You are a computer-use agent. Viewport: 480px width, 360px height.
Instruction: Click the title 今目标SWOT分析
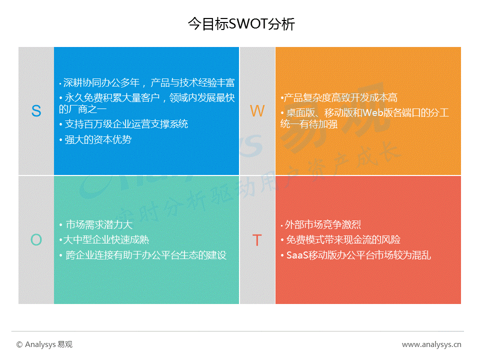pyautogui.click(x=241, y=24)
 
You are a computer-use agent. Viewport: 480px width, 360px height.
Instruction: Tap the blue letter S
pyautogui.click(x=36, y=111)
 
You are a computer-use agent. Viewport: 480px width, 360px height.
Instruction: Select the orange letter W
pyautogui.click(x=257, y=111)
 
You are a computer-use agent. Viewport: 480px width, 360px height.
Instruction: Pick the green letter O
pyautogui.click(x=36, y=239)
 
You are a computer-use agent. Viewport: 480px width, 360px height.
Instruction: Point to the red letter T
pyautogui.click(x=257, y=240)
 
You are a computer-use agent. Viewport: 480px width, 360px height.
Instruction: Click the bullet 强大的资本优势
pyautogui.click(x=95, y=139)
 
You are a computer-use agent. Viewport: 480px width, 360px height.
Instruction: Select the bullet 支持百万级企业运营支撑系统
pyautogui.click(x=123, y=124)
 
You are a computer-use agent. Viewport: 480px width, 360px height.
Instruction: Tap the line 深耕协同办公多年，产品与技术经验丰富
pyautogui.click(x=147, y=82)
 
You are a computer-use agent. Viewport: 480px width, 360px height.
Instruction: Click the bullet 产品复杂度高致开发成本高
pyautogui.click(x=339, y=97)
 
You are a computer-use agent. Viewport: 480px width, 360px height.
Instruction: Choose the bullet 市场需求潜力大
pyautogui.click(x=96, y=224)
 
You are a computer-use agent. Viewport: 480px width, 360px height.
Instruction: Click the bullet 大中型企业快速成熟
pyautogui.click(x=104, y=239)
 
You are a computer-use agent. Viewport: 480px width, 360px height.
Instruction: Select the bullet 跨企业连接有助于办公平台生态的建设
pyautogui.click(x=143, y=255)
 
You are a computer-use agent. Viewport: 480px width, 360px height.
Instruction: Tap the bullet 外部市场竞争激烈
pyautogui.click(x=321, y=224)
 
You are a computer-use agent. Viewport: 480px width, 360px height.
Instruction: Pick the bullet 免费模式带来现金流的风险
pyautogui.click(x=340, y=239)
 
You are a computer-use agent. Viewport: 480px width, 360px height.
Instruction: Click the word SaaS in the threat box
pyautogui.click(x=297, y=255)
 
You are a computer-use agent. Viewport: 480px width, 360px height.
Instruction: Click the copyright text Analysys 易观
pyautogui.click(x=44, y=344)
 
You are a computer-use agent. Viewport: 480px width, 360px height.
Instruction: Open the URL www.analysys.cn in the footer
pyautogui.click(x=431, y=344)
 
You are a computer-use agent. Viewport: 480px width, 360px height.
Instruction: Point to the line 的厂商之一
pyautogui.click(x=82, y=109)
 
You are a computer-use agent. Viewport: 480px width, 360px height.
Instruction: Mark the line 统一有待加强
pyautogui.click(x=309, y=124)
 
